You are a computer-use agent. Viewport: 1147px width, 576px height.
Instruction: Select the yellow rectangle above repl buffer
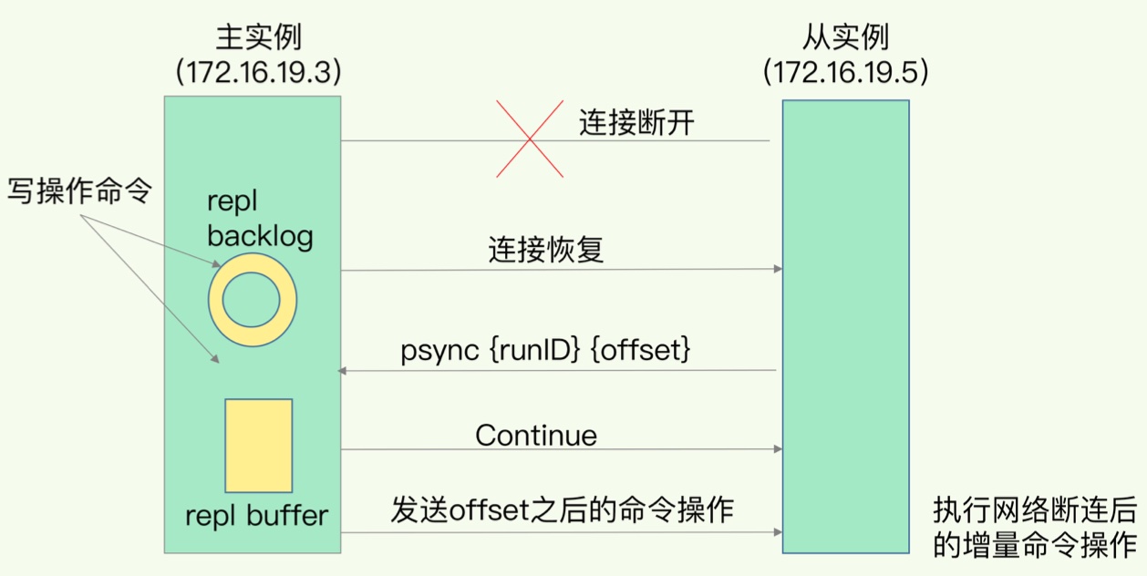point(259,445)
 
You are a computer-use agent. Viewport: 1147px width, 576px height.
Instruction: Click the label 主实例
point(258,37)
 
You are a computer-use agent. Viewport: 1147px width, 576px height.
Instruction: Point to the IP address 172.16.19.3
point(258,72)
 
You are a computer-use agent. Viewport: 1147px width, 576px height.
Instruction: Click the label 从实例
point(845,37)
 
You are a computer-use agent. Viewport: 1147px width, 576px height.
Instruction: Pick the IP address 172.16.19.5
point(845,72)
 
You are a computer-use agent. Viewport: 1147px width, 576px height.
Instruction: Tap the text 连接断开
point(636,122)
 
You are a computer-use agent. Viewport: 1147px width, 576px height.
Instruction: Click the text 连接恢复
point(545,249)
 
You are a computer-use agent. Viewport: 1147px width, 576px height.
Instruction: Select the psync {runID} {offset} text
point(545,351)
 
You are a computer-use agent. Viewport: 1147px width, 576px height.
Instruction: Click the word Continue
point(536,435)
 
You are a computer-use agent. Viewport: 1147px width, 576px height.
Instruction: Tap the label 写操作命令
point(79,191)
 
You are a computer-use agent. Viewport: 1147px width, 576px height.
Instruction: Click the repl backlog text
point(260,220)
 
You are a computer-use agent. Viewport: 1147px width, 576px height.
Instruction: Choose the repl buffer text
point(256,516)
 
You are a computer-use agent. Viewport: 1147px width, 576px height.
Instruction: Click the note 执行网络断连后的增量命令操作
point(1035,526)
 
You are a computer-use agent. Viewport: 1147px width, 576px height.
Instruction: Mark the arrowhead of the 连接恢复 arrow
point(778,269)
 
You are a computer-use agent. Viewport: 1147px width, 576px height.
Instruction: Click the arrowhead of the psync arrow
point(343,371)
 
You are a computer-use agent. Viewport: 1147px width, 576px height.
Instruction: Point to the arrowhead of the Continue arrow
point(778,449)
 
